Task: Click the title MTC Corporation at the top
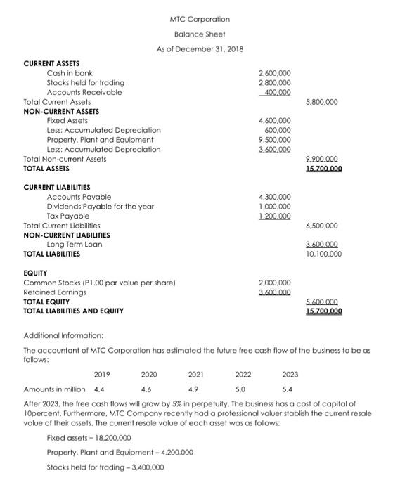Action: [x=200, y=18]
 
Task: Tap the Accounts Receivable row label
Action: [x=84, y=92]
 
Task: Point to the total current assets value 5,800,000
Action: [x=323, y=102]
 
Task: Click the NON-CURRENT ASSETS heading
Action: [x=61, y=111]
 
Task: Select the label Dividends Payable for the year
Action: [x=100, y=206]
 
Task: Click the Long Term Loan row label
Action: [x=75, y=244]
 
